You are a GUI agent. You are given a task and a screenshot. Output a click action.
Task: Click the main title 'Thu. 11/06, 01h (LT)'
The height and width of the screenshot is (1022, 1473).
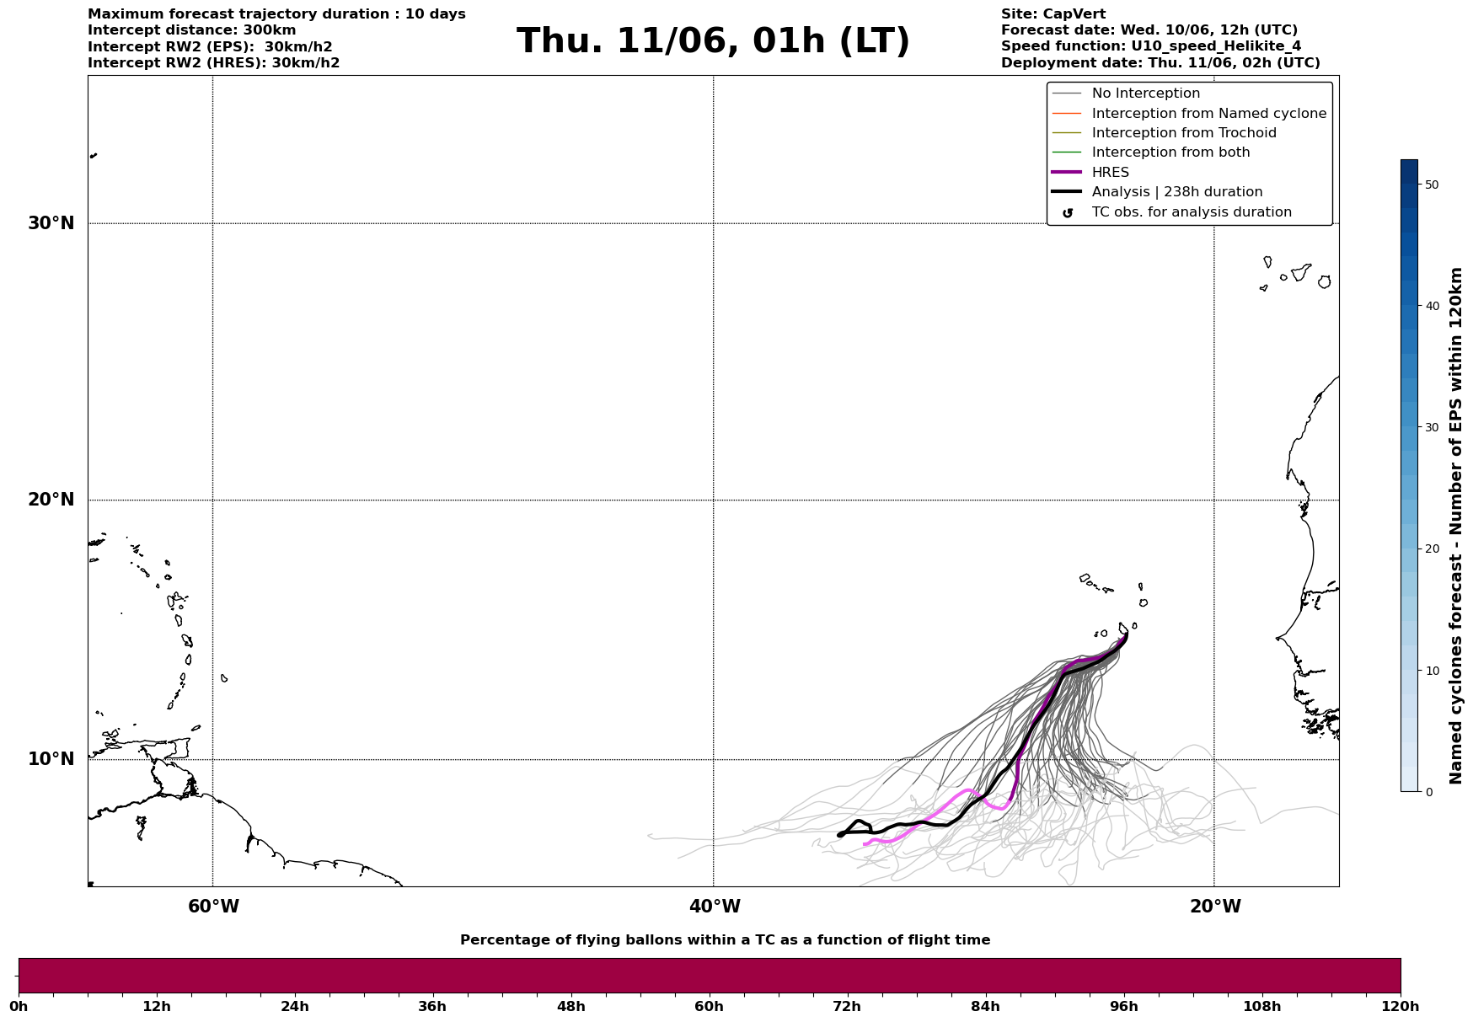(713, 41)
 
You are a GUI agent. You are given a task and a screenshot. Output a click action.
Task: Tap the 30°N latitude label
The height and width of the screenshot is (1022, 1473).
(51, 223)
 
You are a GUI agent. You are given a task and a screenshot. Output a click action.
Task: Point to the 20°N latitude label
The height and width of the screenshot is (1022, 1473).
(51, 500)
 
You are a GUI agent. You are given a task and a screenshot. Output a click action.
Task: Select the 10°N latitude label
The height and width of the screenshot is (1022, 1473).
(51, 759)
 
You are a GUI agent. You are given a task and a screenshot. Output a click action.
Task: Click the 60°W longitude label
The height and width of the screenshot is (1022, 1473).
(213, 907)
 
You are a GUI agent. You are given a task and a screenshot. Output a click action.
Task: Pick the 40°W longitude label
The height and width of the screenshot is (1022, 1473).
(715, 907)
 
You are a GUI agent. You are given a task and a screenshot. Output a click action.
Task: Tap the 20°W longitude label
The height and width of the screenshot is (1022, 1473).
(1215, 907)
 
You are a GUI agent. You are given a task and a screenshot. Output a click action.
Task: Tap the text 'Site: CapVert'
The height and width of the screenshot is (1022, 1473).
(1053, 14)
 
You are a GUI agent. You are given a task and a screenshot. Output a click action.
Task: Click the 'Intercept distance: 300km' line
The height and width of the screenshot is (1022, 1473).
(192, 30)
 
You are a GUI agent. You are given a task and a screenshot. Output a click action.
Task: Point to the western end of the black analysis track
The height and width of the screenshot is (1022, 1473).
(839, 835)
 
